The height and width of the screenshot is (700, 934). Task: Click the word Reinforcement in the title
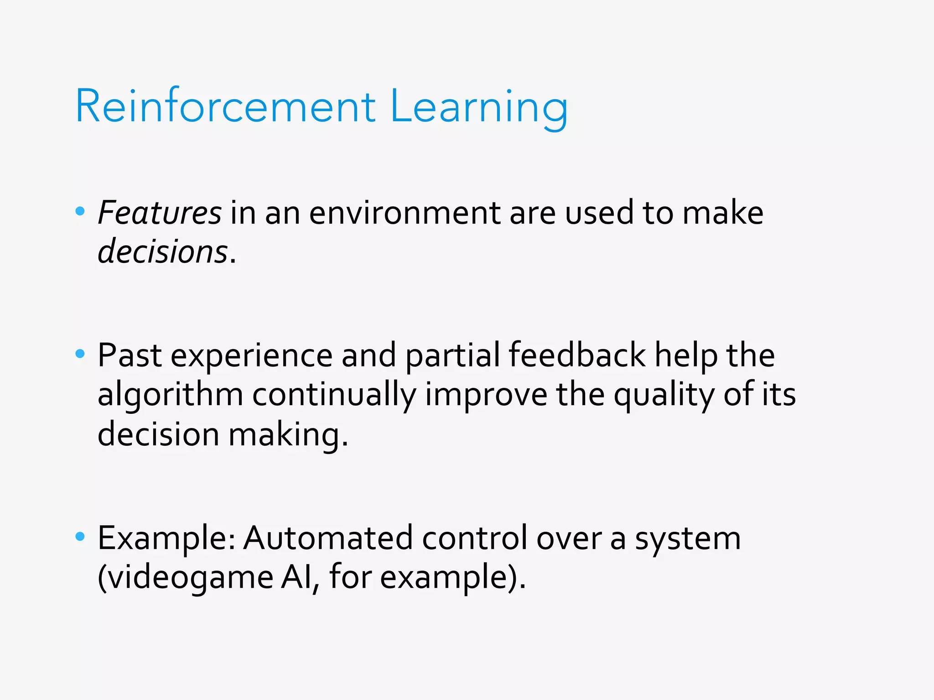pos(225,106)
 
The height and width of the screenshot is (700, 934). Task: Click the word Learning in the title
pos(479,106)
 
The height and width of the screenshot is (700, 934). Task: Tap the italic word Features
pos(160,213)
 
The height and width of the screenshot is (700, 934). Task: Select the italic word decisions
pos(163,252)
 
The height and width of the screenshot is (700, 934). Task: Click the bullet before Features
pos(80,211)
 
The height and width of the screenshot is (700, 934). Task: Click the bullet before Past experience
pos(80,354)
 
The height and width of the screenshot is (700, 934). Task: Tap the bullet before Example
pos(80,536)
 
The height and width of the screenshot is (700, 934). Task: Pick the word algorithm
pos(170,394)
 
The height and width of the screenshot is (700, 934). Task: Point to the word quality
pos(664,394)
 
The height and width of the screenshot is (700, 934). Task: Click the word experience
pos(251,355)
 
